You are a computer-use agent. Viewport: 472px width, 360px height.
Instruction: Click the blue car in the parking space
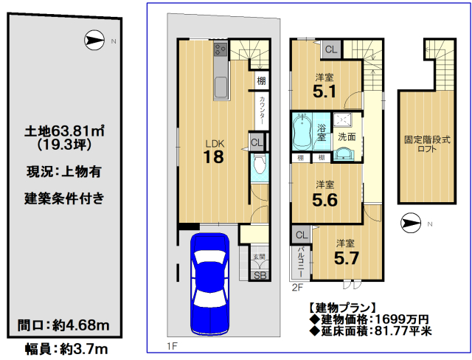tap(209, 284)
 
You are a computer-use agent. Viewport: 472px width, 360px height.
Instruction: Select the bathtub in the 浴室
tap(302, 131)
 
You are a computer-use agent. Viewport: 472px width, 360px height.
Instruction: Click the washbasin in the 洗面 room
tap(344, 154)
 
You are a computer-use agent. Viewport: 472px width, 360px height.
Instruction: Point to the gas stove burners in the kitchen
tap(221, 49)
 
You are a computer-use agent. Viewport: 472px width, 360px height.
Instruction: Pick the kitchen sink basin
tap(221, 88)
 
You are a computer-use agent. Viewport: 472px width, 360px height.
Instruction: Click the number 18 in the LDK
tap(213, 157)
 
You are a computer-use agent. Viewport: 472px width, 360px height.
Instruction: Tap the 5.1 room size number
tap(324, 91)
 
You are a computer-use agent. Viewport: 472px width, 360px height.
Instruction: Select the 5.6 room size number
tap(324, 200)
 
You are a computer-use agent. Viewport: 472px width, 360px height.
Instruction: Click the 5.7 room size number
tap(347, 258)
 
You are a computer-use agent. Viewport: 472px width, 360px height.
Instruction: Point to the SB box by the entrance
tap(260, 275)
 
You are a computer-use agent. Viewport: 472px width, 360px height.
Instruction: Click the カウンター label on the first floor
tap(262, 111)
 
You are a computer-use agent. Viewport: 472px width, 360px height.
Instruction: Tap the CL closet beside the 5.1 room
tap(331, 49)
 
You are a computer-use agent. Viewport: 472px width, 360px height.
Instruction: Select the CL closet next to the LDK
tap(257, 142)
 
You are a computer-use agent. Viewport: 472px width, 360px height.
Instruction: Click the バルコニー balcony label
tap(300, 262)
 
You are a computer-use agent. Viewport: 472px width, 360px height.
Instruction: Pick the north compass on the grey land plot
tap(94, 40)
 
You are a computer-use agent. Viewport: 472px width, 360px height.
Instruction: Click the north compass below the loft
tap(411, 223)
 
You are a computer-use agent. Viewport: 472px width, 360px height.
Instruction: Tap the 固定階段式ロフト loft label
tap(427, 144)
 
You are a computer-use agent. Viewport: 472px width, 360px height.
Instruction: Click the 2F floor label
tap(297, 288)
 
